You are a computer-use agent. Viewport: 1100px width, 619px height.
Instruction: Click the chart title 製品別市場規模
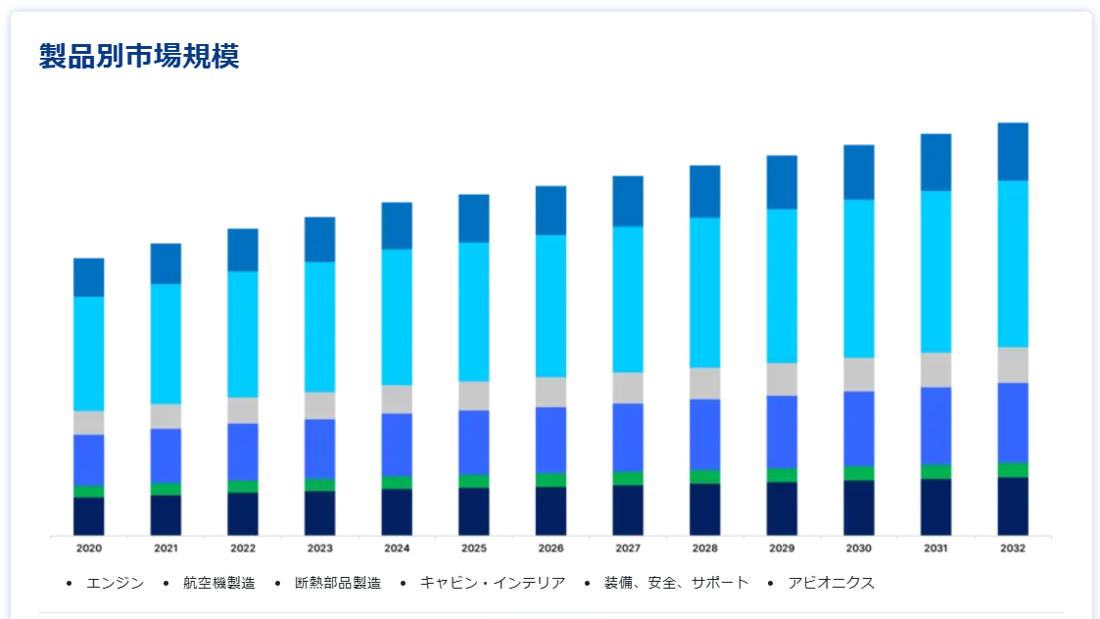[138, 57]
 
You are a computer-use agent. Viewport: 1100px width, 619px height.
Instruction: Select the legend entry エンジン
[115, 583]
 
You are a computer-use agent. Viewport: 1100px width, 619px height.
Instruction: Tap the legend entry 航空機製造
[218, 583]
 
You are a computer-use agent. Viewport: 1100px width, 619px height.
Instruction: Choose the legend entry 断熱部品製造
[337, 583]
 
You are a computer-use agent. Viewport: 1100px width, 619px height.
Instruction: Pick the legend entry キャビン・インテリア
[492, 583]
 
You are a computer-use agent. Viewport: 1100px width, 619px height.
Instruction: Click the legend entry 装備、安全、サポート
[676, 583]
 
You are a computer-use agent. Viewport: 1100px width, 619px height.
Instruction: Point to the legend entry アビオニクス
[831, 583]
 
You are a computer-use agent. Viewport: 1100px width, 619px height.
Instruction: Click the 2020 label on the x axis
[89, 548]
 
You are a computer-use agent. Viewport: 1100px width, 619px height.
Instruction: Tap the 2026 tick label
[550, 548]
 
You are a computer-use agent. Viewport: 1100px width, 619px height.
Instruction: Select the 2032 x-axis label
[1013, 548]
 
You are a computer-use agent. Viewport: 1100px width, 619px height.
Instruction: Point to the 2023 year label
[320, 548]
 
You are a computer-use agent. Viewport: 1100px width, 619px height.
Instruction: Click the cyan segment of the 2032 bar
[1013, 263]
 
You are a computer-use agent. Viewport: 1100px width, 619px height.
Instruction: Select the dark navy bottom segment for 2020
[89, 516]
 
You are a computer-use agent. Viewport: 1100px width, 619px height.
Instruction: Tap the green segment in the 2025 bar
[474, 481]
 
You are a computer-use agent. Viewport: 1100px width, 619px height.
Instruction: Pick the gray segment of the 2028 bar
[705, 383]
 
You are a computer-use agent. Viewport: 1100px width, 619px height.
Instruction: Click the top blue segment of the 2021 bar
[166, 263]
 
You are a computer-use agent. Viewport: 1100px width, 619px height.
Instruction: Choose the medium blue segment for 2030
[859, 428]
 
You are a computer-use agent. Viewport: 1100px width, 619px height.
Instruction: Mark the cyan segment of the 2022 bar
[243, 334]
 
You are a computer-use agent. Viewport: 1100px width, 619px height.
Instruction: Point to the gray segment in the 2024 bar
[397, 399]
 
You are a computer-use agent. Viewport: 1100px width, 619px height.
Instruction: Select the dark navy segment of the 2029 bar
[782, 508]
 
